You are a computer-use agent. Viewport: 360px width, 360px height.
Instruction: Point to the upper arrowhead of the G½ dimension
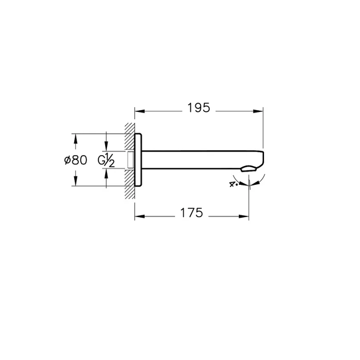[x=106, y=149]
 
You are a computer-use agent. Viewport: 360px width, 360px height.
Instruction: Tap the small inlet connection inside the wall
[x=131, y=160]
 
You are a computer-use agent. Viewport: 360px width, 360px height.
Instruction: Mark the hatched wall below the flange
[x=130, y=189]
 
